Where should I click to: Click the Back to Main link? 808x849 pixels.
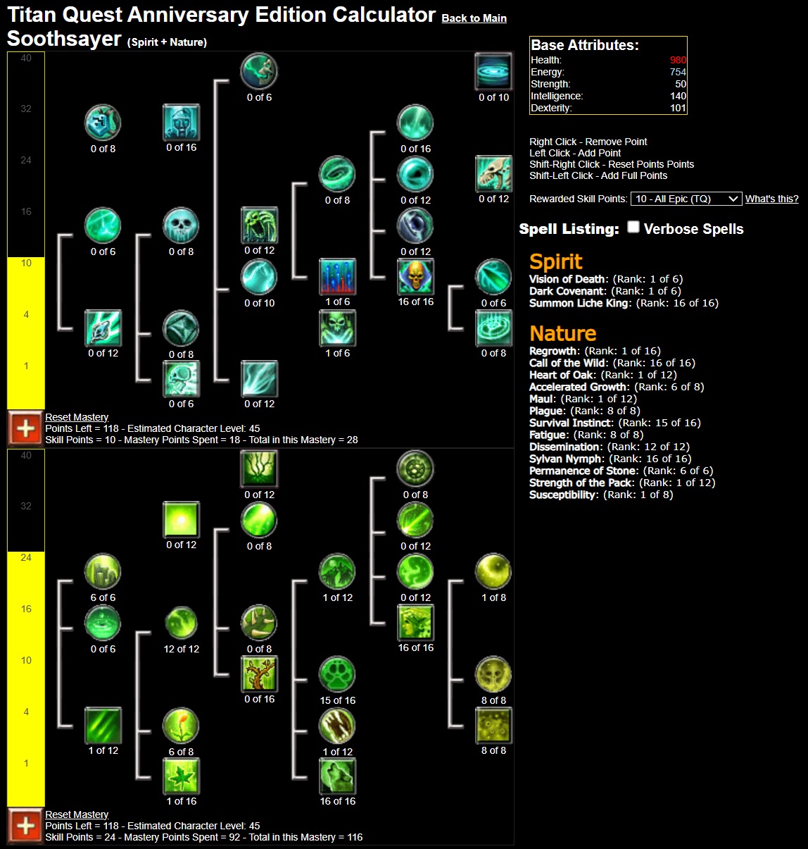click(x=474, y=18)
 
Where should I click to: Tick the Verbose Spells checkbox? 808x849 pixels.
click(x=633, y=227)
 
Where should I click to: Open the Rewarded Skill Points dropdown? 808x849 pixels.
click(x=686, y=199)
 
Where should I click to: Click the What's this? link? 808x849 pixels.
click(x=771, y=199)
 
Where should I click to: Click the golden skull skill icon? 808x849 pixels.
click(x=415, y=277)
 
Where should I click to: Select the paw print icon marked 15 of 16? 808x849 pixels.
click(x=337, y=675)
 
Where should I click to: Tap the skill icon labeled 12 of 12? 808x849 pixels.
click(x=181, y=624)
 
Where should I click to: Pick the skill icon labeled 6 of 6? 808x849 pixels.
click(x=103, y=572)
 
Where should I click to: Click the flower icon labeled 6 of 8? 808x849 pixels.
click(x=181, y=726)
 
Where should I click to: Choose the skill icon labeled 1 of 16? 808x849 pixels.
click(x=181, y=776)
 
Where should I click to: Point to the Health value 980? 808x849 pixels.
click(x=678, y=60)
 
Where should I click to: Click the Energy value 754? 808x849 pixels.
click(x=678, y=72)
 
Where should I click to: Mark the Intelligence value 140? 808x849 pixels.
click(x=678, y=96)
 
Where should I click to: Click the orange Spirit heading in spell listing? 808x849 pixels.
click(x=555, y=261)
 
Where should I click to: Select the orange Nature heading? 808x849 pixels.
click(x=562, y=333)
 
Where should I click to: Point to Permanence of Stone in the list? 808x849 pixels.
click(x=583, y=471)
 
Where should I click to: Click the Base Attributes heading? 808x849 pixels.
click(x=584, y=45)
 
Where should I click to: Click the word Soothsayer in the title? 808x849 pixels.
click(x=64, y=39)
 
